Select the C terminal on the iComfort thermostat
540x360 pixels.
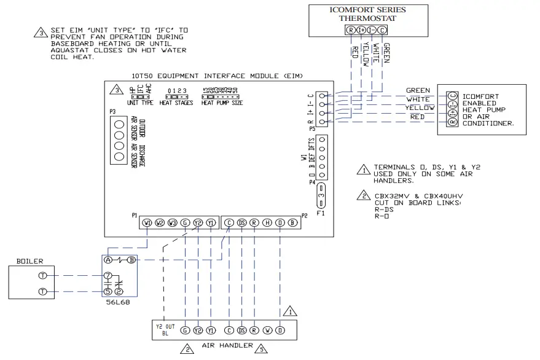tap(384, 29)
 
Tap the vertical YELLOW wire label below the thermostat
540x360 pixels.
tap(366, 55)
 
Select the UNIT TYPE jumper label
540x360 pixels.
tap(140, 103)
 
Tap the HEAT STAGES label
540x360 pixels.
tap(176, 103)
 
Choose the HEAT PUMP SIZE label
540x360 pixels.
tap(222, 103)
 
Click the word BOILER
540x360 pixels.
tap(29, 260)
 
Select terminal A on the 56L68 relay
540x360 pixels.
tap(109, 260)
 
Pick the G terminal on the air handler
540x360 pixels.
tap(185, 331)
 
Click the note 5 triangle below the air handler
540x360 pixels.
tap(261, 350)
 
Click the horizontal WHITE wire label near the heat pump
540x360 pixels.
tap(418, 99)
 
